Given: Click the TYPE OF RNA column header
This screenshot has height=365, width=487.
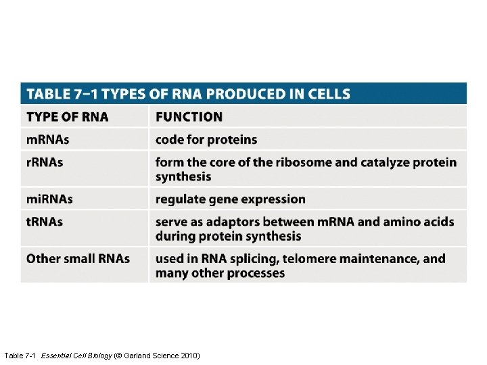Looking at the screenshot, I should [x=67, y=117].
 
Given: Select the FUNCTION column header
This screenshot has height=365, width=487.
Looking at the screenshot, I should [x=189, y=117].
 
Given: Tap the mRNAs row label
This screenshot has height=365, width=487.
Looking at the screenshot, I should [x=47, y=140].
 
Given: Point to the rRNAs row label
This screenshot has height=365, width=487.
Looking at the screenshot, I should [x=45, y=163].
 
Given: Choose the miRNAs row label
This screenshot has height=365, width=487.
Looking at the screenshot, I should [x=49, y=199].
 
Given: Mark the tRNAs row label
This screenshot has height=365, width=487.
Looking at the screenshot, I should [x=45, y=222].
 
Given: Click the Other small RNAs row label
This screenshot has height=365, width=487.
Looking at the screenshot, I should [x=78, y=259].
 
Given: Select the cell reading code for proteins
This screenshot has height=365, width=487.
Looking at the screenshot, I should [x=206, y=140].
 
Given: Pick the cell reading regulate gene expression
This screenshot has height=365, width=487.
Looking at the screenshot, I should [x=230, y=199].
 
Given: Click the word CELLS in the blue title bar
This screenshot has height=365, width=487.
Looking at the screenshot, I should [x=328, y=94].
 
